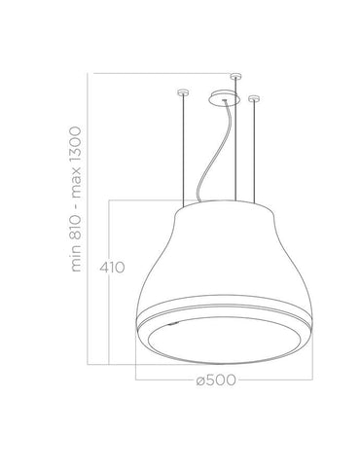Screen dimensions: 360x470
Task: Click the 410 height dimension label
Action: [x=112, y=268]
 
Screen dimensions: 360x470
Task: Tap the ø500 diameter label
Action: [x=216, y=380]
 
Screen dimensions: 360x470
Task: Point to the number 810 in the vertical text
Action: [x=76, y=228]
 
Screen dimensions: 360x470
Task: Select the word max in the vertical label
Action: [x=76, y=186]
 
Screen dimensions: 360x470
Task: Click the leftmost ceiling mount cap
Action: [x=183, y=92]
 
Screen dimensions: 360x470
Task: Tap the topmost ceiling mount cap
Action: [x=235, y=76]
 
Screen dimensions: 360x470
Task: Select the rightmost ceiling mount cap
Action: [x=254, y=98]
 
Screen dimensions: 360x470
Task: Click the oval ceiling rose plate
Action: [x=225, y=98]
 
